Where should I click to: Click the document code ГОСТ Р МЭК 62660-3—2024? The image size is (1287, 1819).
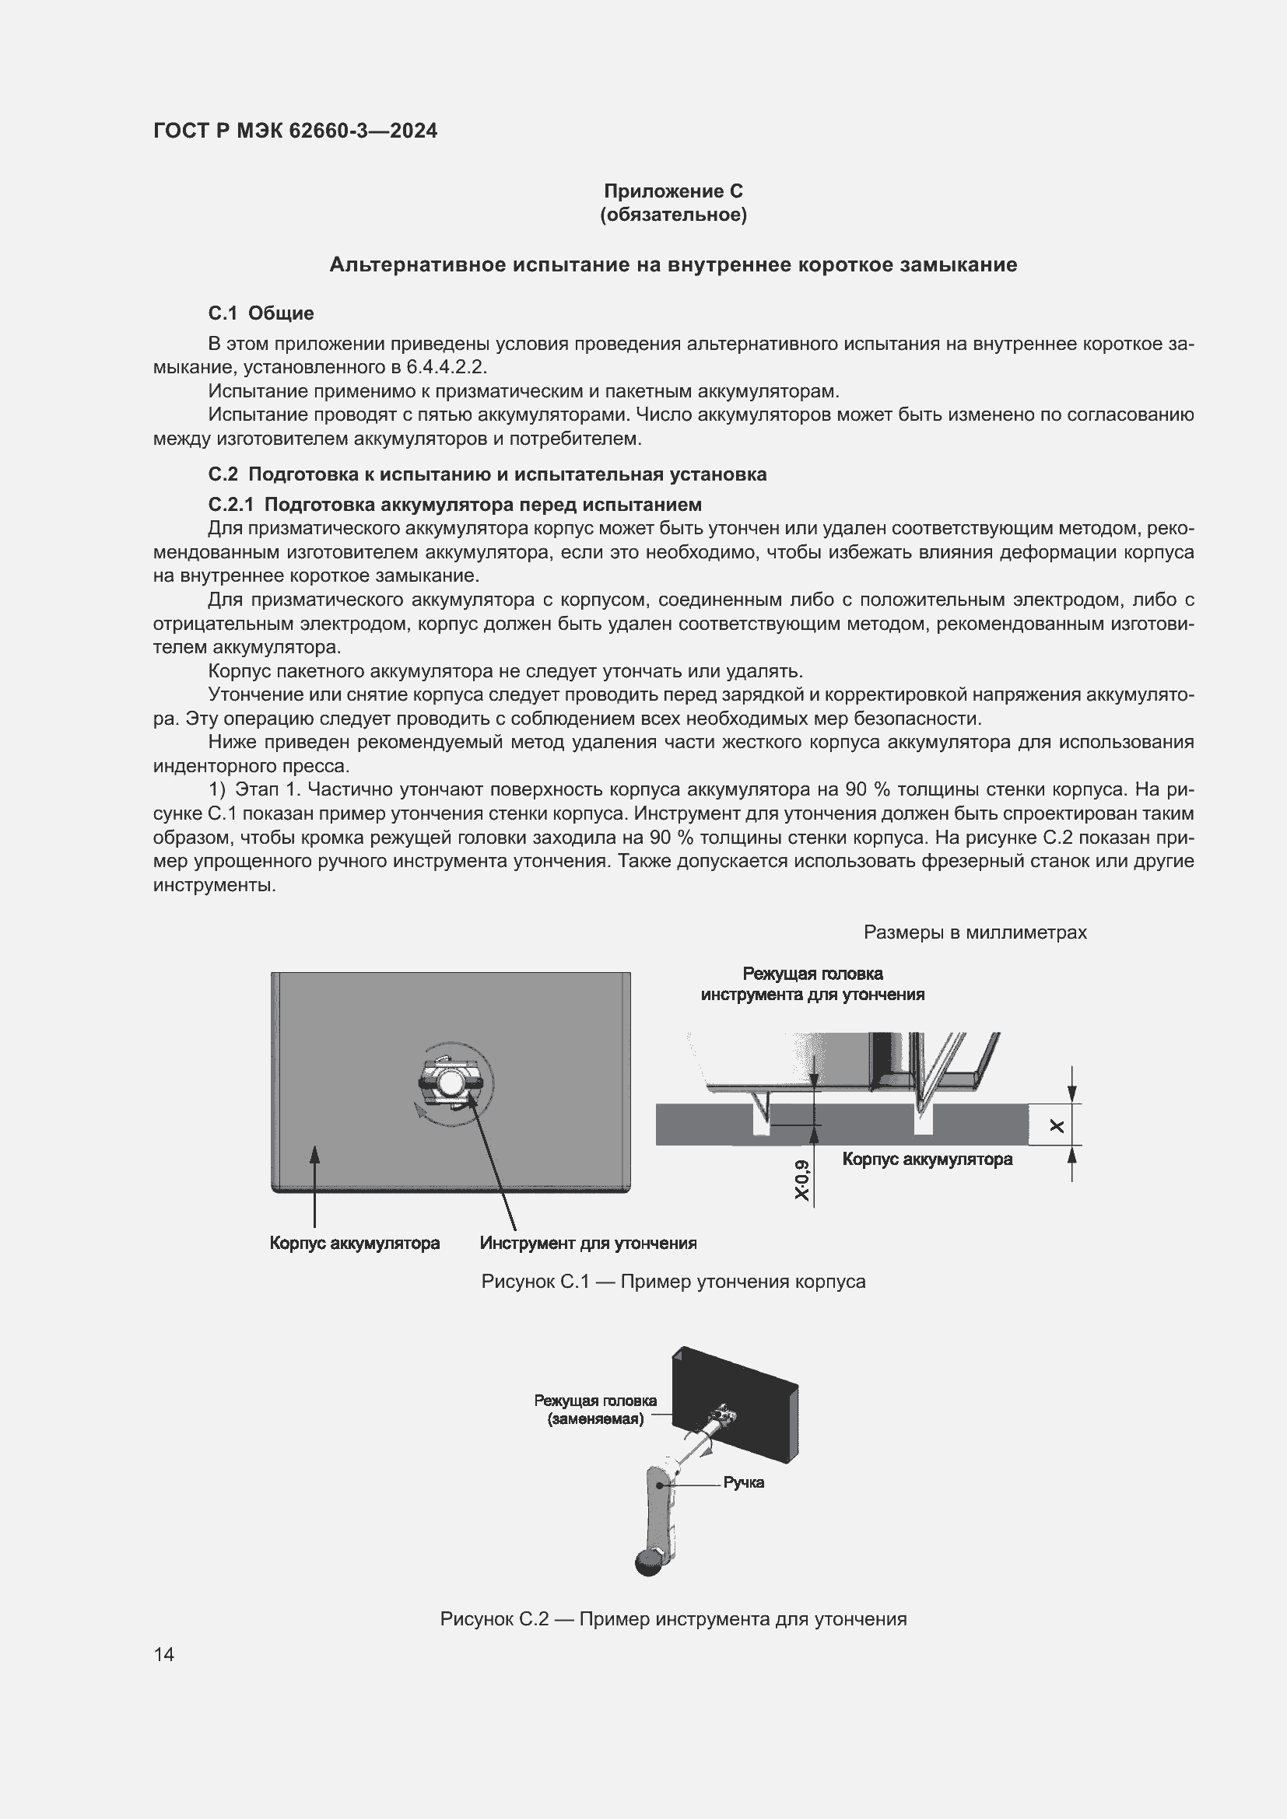click(x=295, y=131)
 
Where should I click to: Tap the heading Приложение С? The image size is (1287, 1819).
click(x=673, y=191)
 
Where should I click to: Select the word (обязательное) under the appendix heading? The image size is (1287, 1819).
click(x=673, y=215)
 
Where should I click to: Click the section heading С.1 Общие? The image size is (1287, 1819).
click(x=261, y=313)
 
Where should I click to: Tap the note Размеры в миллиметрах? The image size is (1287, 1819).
click(x=974, y=932)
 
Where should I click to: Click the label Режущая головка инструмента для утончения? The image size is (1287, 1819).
click(x=812, y=984)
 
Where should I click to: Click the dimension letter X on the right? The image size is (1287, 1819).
click(x=1057, y=1125)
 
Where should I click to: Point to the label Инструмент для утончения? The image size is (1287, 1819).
click(x=588, y=1243)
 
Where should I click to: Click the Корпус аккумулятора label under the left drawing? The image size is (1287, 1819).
click(x=354, y=1243)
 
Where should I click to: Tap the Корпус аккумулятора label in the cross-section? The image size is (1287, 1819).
click(x=927, y=1159)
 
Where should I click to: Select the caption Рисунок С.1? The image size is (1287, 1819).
click(x=673, y=1281)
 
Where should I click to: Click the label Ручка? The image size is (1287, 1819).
click(x=742, y=1482)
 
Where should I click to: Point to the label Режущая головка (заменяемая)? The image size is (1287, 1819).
click(x=595, y=1409)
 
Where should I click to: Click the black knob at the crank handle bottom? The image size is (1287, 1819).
click(x=647, y=1563)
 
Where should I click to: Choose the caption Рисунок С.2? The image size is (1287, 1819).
click(x=673, y=1618)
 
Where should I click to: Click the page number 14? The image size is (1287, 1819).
click(x=164, y=1654)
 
